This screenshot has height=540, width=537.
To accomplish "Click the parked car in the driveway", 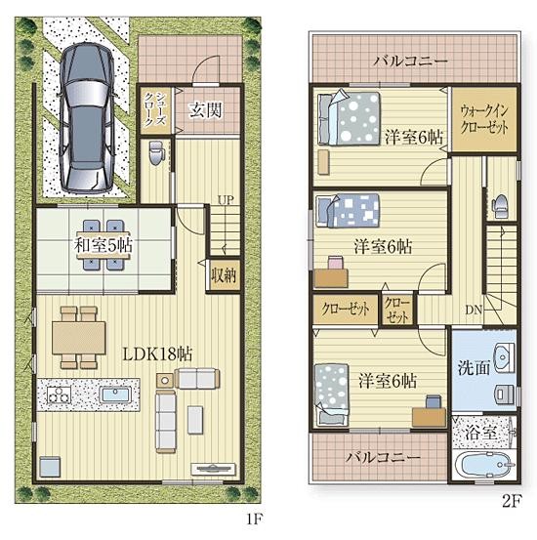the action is (x=86, y=117).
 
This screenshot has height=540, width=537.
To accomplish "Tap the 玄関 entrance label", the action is (x=206, y=110).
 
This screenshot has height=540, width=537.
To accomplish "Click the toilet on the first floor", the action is (x=156, y=153).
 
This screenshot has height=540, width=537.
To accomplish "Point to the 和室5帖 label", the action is (x=103, y=246).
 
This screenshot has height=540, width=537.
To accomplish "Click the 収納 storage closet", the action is (x=224, y=275).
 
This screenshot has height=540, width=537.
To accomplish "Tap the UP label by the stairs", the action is (x=226, y=200).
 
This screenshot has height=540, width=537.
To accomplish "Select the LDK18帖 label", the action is (x=157, y=353).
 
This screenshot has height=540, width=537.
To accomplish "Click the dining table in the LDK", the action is (x=79, y=338).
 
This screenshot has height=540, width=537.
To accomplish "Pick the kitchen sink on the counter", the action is (x=115, y=395).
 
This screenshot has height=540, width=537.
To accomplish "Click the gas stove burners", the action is (x=59, y=395).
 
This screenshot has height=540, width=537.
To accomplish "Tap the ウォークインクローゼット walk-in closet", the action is (x=484, y=119).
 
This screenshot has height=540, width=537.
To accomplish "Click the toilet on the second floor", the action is (x=501, y=207).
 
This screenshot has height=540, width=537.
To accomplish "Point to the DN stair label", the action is (x=474, y=310).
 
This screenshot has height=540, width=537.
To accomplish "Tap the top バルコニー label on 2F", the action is (x=411, y=62).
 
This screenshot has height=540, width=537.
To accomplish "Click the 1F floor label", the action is (x=254, y=519).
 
